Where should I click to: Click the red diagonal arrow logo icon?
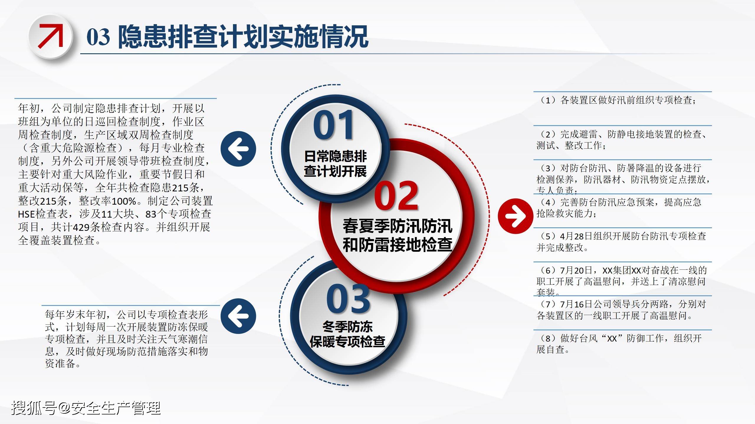click(51, 36)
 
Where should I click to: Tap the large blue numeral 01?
click(333, 125)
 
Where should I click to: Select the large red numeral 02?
click(396, 196)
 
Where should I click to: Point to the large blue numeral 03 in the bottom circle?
click(348, 299)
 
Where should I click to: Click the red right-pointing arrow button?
click(516, 216)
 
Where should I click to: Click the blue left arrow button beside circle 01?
click(238, 149)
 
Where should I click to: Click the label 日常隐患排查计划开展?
click(335, 164)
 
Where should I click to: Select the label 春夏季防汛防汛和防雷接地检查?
click(397, 235)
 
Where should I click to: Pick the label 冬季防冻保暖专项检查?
click(347, 334)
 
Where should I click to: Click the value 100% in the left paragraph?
click(124, 201)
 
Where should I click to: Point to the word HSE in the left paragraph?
click(27, 214)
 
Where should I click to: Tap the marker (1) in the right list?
click(548, 100)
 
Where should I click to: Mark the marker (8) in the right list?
click(548, 338)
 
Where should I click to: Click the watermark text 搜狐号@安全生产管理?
click(86, 408)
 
